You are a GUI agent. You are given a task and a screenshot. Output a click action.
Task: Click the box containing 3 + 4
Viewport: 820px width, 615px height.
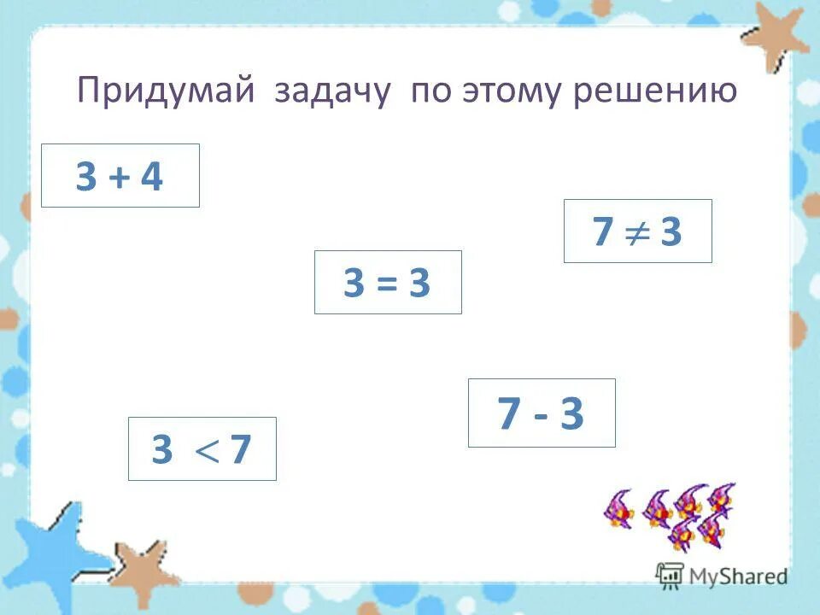pyautogui.click(x=120, y=176)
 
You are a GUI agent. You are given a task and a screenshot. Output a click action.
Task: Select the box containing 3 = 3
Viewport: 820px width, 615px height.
pyautogui.click(x=388, y=283)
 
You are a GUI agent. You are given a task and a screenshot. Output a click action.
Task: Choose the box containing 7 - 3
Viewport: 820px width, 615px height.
pyautogui.click(x=542, y=413)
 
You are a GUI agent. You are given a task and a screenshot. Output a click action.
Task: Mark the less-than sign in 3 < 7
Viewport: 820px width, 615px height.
pyautogui.click(x=203, y=450)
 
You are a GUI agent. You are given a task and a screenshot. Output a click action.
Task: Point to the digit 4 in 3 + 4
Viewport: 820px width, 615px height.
pyautogui.click(x=151, y=178)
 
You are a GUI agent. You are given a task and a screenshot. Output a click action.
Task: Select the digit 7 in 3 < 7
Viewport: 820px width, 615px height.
pyautogui.click(x=240, y=449)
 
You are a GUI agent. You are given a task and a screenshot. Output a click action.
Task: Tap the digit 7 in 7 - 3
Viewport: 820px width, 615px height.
pyautogui.click(x=509, y=414)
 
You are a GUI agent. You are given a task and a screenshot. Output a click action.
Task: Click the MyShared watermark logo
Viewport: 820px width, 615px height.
pyautogui.click(x=722, y=576)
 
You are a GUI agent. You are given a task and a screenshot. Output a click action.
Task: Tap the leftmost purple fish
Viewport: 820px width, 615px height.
pyautogui.click(x=618, y=510)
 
